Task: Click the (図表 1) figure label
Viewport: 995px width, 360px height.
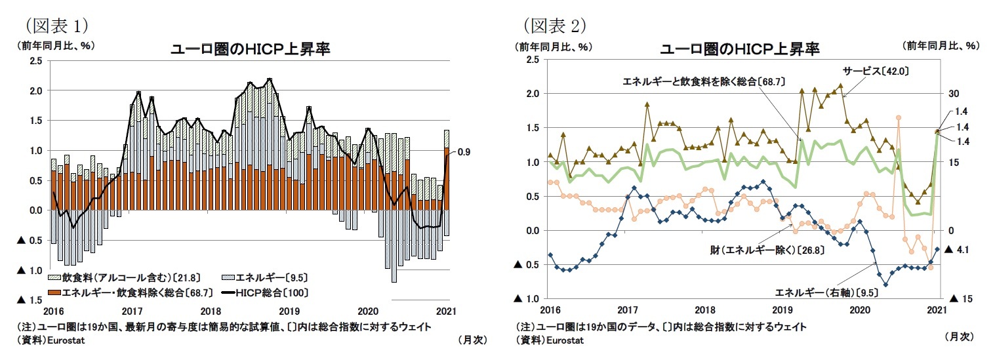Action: point(56,26)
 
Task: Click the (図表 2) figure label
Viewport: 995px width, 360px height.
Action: point(554,26)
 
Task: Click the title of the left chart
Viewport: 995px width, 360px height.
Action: point(249,49)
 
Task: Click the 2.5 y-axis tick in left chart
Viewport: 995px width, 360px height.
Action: point(36,61)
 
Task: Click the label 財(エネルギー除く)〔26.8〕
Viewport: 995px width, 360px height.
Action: point(767,250)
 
